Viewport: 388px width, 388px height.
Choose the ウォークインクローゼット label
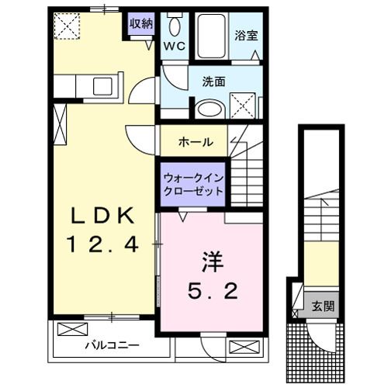point(193,184)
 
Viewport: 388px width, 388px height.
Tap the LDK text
point(106,215)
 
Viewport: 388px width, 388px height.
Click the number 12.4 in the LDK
point(106,246)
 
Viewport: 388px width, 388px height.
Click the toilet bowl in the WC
point(175,26)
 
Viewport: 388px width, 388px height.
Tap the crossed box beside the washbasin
point(244,103)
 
